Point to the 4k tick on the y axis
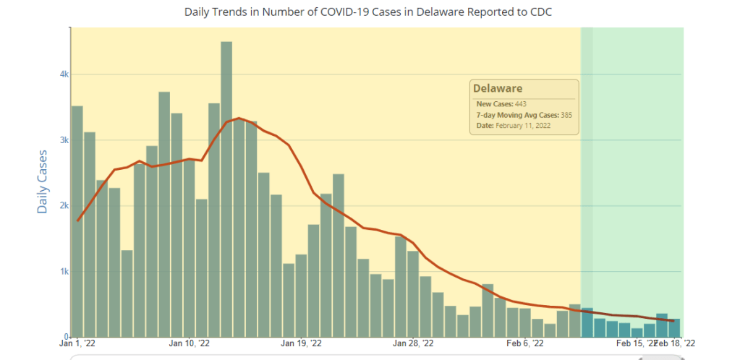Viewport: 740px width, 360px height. tap(64, 74)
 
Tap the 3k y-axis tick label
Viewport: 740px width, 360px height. tap(64, 140)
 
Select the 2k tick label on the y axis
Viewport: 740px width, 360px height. tap(64, 206)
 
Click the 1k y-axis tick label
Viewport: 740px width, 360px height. tap(64, 272)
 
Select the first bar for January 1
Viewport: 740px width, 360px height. tap(77, 221)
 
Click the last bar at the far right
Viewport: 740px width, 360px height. tap(674, 327)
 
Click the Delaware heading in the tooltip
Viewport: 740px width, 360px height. tap(498, 89)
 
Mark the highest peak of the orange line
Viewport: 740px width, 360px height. tap(239, 118)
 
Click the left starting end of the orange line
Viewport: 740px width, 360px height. tap(77, 220)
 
